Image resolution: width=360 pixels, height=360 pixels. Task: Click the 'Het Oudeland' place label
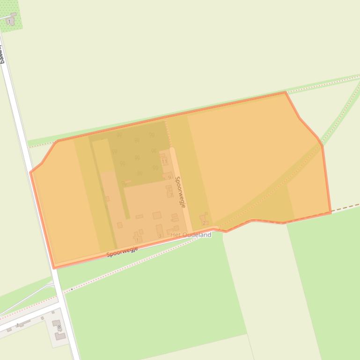[191, 235]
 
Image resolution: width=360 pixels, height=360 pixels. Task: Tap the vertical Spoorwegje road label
[180, 192]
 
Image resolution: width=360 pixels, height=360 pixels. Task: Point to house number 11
[164, 162]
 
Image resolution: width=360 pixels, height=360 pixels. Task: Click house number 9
[169, 178]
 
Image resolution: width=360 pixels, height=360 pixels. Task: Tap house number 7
[171, 195]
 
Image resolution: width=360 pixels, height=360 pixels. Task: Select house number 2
[204, 223]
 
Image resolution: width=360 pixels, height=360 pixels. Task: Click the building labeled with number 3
[160, 236]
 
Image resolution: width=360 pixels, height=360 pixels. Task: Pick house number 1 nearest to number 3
[137, 240]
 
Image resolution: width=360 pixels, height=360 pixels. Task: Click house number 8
[59, 327]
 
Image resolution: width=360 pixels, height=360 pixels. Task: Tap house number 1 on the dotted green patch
[9, 22]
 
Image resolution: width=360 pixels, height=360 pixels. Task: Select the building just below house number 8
[60, 336]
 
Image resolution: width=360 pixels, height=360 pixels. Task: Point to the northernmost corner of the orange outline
[285, 93]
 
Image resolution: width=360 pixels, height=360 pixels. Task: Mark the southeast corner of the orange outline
[331, 212]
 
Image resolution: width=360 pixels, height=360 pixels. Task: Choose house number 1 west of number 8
[18, 325]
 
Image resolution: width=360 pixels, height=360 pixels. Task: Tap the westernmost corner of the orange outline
[31, 173]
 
